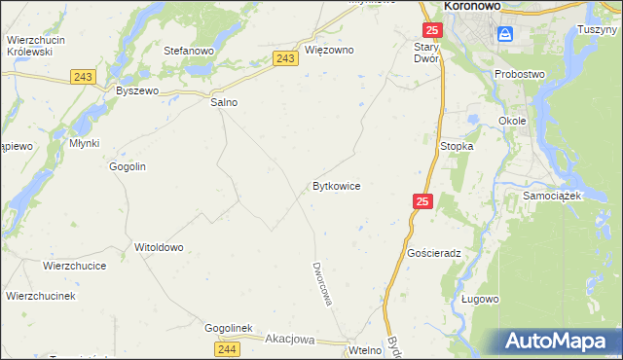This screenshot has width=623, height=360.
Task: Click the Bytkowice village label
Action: tap(337, 185)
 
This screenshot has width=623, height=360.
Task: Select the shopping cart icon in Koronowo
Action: tap(505, 35)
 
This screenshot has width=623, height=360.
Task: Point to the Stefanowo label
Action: tap(189, 50)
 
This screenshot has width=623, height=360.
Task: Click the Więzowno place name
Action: tap(329, 50)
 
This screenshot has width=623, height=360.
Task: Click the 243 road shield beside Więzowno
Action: tap(285, 59)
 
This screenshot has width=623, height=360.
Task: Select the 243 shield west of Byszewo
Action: tap(82, 76)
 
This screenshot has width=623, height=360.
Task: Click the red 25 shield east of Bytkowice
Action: tap(421, 200)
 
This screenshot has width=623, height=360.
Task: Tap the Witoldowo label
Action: tap(159, 247)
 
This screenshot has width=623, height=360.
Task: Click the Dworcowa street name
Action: tap(322, 283)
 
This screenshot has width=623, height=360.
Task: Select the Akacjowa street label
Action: tap(289, 340)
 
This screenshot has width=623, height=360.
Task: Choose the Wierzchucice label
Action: tap(74, 265)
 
